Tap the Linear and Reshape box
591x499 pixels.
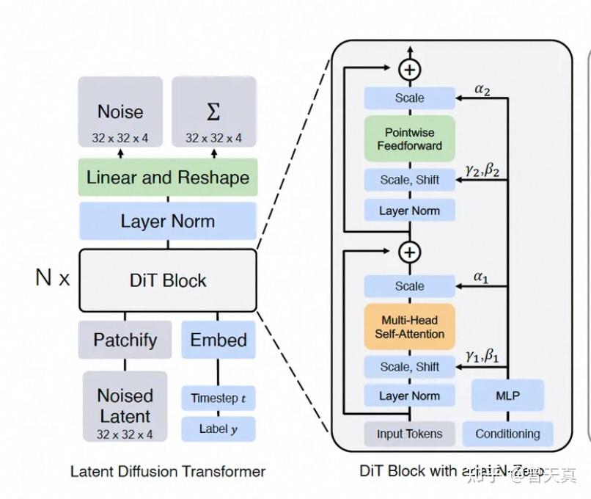click(168, 178)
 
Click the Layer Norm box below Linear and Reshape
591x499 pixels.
click(168, 221)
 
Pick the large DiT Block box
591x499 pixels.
click(168, 280)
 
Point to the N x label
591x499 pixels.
click(53, 278)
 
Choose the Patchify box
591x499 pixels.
click(125, 340)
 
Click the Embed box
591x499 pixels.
click(219, 340)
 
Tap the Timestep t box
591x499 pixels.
click(219, 398)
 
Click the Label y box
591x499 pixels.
click(219, 429)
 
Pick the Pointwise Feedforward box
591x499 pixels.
click(410, 139)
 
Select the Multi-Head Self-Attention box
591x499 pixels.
click(410, 327)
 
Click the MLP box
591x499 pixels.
click(507, 396)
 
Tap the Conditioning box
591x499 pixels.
click(507, 434)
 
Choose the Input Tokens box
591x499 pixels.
click(410, 434)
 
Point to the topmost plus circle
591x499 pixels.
click(410, 70)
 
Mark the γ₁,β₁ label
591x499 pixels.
click(482, 356)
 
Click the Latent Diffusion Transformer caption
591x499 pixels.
click(168, 472)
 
